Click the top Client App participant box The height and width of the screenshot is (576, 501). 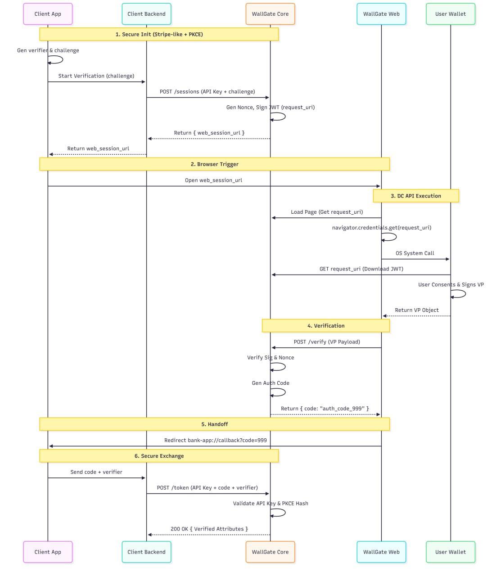(48, 14)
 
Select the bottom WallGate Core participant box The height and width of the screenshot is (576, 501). (270, 552)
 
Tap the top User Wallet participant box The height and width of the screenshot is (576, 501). (450, 14)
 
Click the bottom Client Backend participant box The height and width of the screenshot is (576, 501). (146, 552)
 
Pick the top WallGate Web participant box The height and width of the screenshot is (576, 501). (381, 14)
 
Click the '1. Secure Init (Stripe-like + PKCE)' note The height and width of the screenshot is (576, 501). (159, 34)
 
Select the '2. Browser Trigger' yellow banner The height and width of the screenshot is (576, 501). (214, 164)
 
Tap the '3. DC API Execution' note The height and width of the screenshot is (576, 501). (415, 196)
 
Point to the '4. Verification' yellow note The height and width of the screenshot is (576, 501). (325, 326)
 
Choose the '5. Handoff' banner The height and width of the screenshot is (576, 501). (214, 424)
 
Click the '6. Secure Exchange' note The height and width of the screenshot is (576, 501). (159, 456)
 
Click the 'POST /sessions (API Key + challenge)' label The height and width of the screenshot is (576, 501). (207, 91)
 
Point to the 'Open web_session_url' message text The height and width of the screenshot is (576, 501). (213, 180)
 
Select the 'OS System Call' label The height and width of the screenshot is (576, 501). (415, 253)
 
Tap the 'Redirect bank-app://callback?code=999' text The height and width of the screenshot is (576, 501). (215, 440)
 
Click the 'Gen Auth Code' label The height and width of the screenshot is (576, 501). (270, 383)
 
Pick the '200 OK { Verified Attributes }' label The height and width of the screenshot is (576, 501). (209, 529)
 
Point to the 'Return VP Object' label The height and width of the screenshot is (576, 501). (416, 310)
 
